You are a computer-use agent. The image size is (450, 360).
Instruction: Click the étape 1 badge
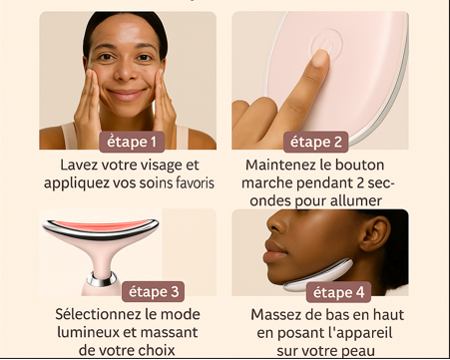pyautogui.click(x=132, y=142)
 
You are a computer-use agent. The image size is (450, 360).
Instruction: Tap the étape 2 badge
pyautogui.click(x=315, y=142)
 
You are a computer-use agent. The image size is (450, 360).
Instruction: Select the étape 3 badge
pyautogui.click(x=153, y=291)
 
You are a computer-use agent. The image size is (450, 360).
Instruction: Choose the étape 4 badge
pyautogui.click(x=338, y=292)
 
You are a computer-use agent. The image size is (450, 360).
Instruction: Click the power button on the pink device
pyautogui.click(x=325, y=44)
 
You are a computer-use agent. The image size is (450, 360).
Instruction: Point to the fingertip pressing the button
pyautogui.click(x=320, y=58)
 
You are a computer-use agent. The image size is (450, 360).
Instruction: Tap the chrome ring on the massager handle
pyautogui.click(x=103, y=278)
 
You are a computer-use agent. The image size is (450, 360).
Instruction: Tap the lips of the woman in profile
pyautogui.click(x=274, y=252)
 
